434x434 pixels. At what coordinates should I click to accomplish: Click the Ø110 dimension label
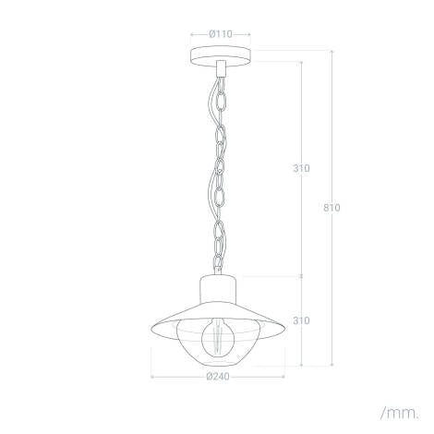221,34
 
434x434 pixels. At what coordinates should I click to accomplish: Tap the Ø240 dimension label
218,376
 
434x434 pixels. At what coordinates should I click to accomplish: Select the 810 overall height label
332,208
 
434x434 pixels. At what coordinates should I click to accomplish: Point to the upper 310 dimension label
301,168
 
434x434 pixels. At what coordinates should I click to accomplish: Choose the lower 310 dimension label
301,320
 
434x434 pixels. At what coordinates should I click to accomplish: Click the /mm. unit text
400,413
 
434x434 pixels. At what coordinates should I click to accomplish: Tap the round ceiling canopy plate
221,57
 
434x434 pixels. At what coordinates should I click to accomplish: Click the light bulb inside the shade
218,339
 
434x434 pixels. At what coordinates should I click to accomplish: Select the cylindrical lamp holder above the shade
218,289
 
